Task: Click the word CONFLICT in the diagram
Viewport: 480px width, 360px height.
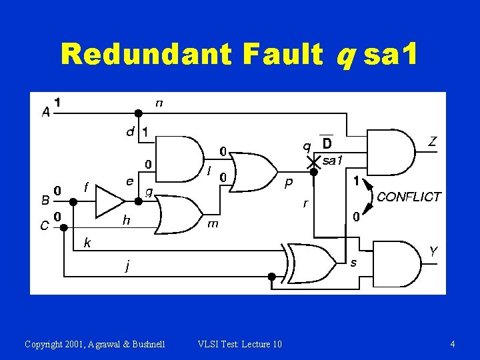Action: [409, 197]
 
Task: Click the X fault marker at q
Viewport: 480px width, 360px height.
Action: [312, 162]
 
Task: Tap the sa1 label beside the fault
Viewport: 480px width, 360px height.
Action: [332, 161]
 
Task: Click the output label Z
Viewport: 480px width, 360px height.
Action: [432, 141]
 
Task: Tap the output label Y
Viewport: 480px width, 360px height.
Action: [433, 251]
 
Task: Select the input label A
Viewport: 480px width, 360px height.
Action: [45, 113]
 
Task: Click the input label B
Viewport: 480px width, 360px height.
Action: [45, 199]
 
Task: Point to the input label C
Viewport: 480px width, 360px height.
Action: [44, 225]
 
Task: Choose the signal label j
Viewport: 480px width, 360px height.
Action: [127, 267]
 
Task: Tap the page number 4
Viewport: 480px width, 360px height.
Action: [453, 344]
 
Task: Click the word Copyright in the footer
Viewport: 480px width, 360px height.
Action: [44, 344]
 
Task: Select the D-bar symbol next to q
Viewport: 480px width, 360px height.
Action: [327, 143]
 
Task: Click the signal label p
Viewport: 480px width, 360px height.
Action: [289, 181]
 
